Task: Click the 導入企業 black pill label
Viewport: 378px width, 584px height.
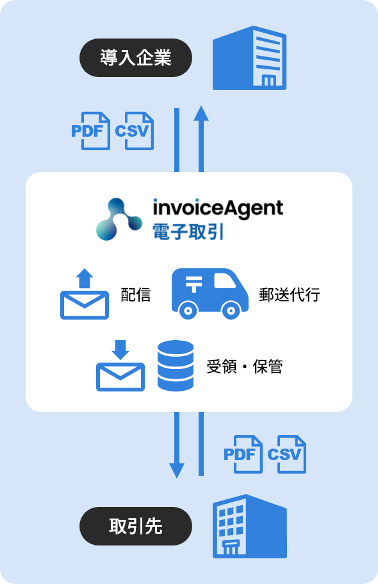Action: point(136,58)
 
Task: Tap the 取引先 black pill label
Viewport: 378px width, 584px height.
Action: point(136,526)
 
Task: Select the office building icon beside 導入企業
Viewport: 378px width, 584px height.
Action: point(249,58)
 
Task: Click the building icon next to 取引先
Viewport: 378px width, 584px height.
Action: point(249,526)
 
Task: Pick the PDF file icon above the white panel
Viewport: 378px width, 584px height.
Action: point(91,131)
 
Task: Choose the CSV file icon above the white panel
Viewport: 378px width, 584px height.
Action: point(134,131)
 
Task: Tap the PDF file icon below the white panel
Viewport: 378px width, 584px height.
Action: point(243,454)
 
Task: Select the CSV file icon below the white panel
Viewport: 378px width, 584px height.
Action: point(287,454)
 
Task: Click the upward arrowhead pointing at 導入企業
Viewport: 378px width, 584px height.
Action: point(201,113)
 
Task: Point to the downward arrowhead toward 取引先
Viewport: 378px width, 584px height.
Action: point(177,471)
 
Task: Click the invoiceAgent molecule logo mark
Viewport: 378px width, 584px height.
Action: point(119,219)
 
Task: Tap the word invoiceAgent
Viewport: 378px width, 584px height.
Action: point(218,208)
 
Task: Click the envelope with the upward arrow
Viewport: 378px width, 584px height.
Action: point(85,294)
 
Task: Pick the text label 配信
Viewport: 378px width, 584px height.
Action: point(136,295)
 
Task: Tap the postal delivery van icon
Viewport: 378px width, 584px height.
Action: point(210,293)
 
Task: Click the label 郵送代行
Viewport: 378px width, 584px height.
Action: point(289,295)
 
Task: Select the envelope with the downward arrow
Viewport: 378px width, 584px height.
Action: point(120,366)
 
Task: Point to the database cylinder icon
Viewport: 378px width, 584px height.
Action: point(176,366)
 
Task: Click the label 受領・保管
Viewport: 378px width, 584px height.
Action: point(245,367)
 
